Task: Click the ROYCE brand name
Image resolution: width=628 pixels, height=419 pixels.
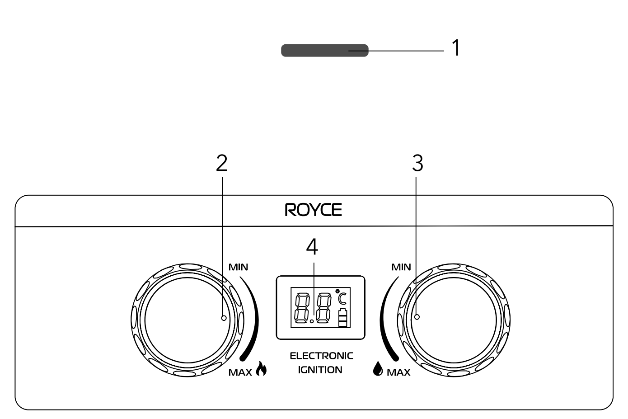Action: pos(314,210)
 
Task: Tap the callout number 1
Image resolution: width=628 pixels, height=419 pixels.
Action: pos(456,47)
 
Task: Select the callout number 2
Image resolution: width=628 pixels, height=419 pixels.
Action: pos(221,163)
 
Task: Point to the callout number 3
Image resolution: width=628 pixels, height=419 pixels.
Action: pos(417,163)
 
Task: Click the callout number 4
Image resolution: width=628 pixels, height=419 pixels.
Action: pos(312,247)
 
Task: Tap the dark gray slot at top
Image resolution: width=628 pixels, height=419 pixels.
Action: pos(325,51)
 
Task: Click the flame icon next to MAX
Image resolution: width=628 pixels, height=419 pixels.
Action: pos(261,369)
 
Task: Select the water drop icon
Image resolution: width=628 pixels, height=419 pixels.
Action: pos(378,368)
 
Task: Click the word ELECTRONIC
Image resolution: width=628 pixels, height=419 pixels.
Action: pos(321,356)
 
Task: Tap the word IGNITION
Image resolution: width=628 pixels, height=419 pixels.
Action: pos(320,370)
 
